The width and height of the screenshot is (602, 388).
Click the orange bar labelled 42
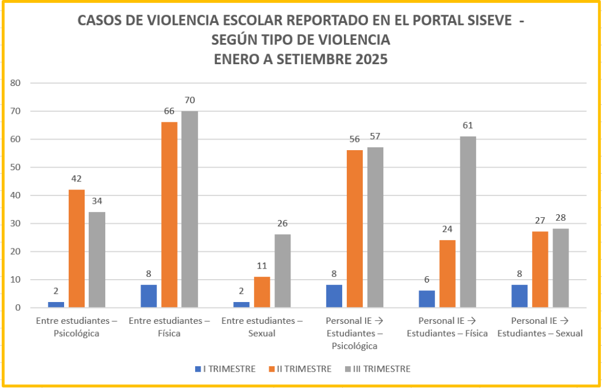pyautogui.click(x=76, y=248)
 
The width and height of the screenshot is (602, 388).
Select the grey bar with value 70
pyautogui.click(x=189, y=209)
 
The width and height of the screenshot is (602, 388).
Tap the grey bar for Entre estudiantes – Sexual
pyautogui.click(x=282, y=271)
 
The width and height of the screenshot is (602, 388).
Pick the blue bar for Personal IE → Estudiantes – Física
pyautogui.click(x=427, y=299)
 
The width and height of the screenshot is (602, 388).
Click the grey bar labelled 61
pyautogui.click(x=468, y=222)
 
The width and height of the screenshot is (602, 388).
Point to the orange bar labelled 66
pyautogui.click(x=169, y=215)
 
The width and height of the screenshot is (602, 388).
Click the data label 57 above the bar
pyautogui.click(x=375, y=137)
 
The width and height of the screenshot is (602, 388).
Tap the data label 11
pyautogui.click(x=262, y=266)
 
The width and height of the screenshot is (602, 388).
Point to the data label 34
pyautogui.click(x=97, y=201)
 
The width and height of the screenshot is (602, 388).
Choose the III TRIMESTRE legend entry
pyautogui.click(x=376, y=369)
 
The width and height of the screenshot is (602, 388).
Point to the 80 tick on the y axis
pyautogui.click(x=15, y=83)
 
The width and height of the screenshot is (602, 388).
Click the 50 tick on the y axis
pyautogui.click(x=15, y=167)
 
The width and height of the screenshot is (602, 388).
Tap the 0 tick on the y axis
pyautogui.click(x=18, y=308)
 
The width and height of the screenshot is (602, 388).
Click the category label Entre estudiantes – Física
pyautogui.click(x=169, y=327)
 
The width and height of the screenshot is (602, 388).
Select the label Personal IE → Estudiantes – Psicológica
pyautogui.click(x=354, y=333)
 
